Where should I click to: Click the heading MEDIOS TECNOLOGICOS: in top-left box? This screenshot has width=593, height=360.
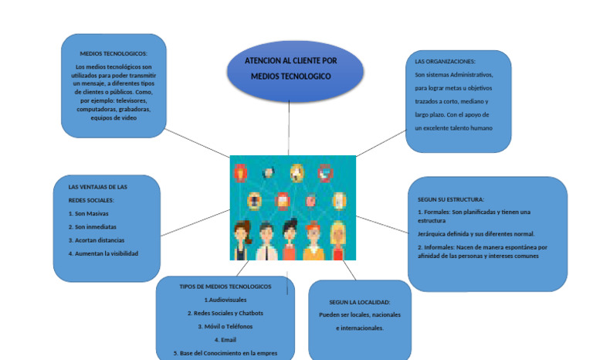click(x=114, y=53)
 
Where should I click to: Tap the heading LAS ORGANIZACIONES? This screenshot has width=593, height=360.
click(x=446, y=60)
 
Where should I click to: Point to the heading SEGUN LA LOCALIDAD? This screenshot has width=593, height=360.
click(x=359, y=302)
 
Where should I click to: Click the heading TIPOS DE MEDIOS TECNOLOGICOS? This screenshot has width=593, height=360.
click(x=225, y=286)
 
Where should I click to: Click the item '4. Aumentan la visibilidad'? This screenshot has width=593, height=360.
click(x=103, y=253)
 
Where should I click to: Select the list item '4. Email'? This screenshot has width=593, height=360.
click(x=225, y=340)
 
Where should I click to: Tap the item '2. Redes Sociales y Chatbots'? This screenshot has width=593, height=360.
click(x=225, y=313)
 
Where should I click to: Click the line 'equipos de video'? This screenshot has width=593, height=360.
click(x=114, y=117)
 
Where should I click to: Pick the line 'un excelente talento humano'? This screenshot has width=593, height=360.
click(x=453, y=127)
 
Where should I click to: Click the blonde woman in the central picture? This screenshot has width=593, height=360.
click(x=337, y=240)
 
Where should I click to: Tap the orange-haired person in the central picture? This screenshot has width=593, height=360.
click(x=313, y=242)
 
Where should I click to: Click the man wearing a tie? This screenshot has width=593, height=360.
click(x=266, y=242)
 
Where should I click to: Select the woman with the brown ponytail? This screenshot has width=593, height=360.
click(x=242, y=240)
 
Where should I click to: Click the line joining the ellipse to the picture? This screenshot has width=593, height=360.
click(x=289, y=128)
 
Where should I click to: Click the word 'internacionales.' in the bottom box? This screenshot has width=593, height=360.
click(x=360, y=328)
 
